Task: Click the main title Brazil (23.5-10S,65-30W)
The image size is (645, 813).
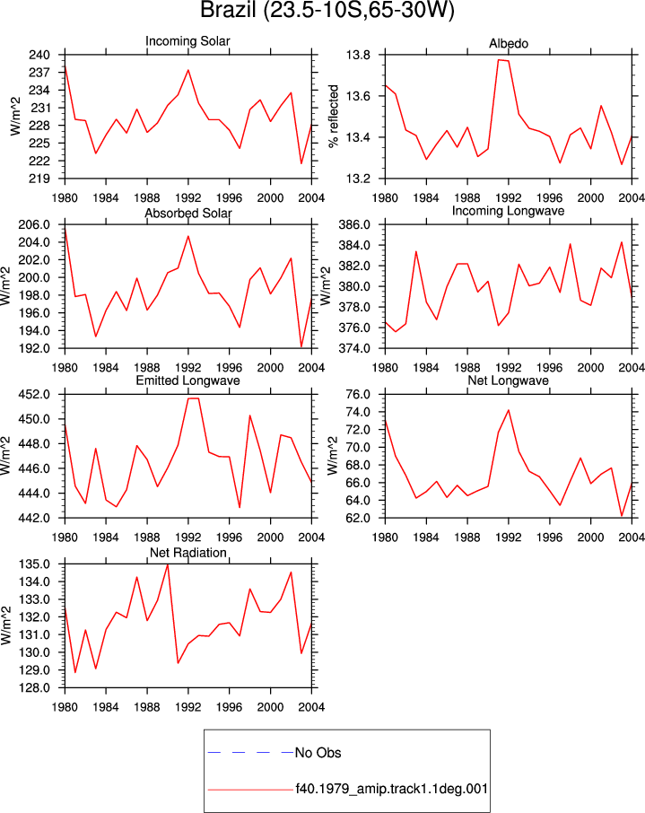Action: click(327, 10)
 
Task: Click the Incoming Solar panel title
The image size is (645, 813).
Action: click(187, 41)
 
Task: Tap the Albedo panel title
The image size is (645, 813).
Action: click(509, 44)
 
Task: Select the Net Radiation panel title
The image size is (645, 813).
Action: click(188, 553)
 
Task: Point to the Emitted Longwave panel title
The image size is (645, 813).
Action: click(188, 380)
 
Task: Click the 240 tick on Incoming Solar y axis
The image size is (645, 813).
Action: click(39, 55)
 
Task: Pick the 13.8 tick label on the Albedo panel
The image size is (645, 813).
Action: click(358, 55)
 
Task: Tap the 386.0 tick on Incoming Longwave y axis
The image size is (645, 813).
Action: click(354, 225)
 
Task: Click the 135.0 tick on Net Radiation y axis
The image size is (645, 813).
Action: click(34, 564)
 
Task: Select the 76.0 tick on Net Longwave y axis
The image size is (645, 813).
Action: click(358, 395)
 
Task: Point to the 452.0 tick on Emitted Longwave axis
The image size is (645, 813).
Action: click(34, 395)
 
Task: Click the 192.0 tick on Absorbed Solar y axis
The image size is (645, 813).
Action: click(34, 348)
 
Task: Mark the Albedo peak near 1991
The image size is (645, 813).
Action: click(499, 59)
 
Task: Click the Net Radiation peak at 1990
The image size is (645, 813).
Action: click(168, 564)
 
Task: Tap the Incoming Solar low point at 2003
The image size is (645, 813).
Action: click(301, 164)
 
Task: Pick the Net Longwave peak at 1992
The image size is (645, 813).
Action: click(509, 410)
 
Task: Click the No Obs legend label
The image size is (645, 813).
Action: click(318, 753)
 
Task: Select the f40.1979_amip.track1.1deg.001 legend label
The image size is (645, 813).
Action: click(391, 789)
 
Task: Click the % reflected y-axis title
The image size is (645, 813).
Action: click(334, 117)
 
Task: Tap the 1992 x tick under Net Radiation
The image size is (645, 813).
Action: click(188, 707)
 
